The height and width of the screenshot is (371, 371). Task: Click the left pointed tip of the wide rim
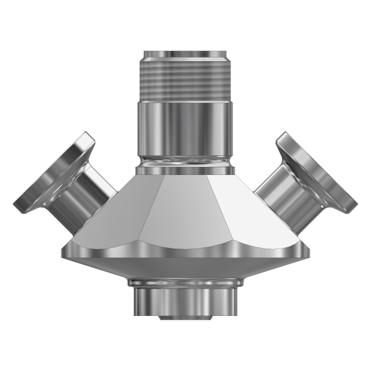(x=62, y=252)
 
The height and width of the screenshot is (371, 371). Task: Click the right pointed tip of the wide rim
(x=308, y=252)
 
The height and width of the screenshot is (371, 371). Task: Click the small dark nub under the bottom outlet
(x=185, y=318)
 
